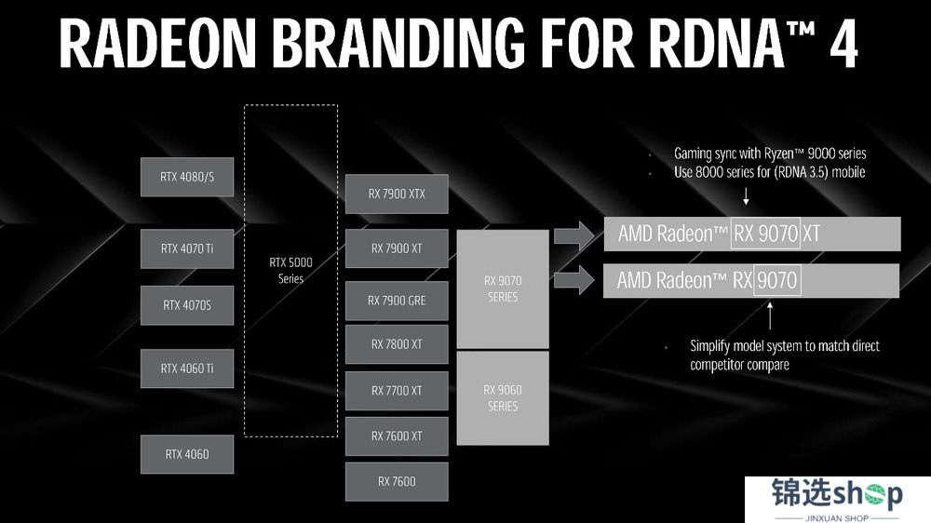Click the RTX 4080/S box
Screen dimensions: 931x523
187,177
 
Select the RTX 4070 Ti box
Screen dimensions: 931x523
187,248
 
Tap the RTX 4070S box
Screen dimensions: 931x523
187,305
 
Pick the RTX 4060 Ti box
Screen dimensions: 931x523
187,369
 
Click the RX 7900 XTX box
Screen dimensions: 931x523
397,194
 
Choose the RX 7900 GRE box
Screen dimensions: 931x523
397,301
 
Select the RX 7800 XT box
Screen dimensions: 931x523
397,344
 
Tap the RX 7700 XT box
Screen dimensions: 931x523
397,391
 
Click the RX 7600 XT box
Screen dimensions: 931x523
397,436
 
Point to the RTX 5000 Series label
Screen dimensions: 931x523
290,270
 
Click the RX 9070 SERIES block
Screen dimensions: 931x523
503,289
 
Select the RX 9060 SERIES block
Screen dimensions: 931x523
503,398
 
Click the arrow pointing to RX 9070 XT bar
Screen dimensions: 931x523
574,236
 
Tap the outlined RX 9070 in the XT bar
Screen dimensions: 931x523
766,234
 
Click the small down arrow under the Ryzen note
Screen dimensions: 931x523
747,196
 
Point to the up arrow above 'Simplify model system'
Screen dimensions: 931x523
770,315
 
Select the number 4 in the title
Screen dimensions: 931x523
843,44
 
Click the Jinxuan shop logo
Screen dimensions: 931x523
837,499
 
